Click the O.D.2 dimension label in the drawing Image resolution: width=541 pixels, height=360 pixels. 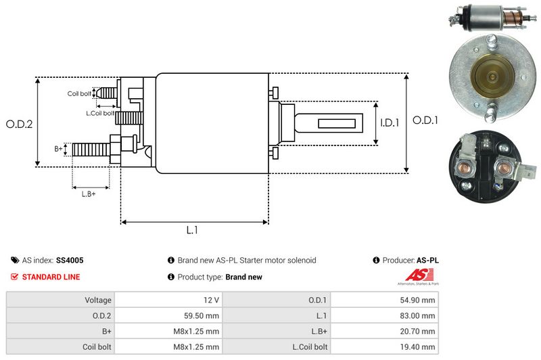(20, 124)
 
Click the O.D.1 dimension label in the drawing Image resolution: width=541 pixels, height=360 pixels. (426, 120)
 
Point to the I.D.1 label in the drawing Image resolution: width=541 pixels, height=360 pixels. (389, 123)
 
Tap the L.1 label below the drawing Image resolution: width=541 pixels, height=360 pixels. (192, 230)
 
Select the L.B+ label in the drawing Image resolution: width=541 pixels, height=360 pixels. (88, 194)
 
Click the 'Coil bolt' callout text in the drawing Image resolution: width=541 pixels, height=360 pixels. (79, 93)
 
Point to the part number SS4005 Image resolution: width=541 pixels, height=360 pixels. (70, 260)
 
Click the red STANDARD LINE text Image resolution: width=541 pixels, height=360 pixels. (51, 277)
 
